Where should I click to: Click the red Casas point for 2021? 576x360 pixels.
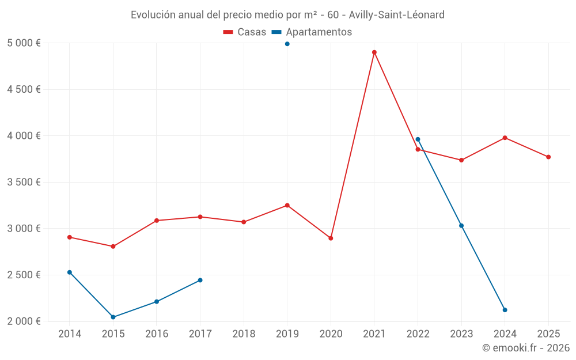374,52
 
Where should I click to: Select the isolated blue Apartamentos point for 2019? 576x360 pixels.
287,44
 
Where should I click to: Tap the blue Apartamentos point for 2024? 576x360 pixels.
505,310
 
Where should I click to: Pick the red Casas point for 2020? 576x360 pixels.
331,238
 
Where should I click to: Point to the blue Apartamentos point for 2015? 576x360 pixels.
113,317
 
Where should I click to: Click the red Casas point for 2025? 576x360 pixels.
548,157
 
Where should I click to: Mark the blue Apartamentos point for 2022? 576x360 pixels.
418,139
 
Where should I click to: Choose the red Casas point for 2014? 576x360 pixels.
70,237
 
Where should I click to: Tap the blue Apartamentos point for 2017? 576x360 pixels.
200,281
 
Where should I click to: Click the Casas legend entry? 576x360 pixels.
245,32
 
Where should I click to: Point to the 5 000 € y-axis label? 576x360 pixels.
24,43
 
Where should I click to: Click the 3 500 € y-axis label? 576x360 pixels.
24,182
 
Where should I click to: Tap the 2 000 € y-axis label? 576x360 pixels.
24,321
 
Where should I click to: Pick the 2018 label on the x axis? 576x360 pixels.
244,334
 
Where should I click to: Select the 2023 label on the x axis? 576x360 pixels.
461,334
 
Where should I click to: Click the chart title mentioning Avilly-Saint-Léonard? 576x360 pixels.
287,15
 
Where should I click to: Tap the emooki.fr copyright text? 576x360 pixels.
525,348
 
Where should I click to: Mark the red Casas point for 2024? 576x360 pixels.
505,138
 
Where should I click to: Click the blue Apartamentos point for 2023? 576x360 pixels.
461,226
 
